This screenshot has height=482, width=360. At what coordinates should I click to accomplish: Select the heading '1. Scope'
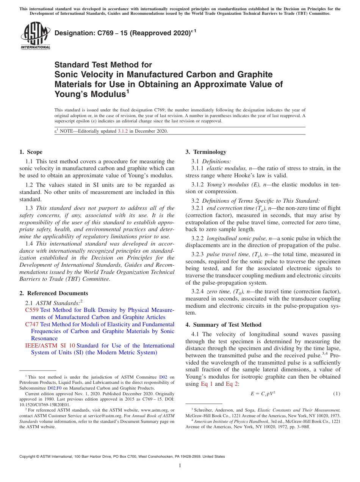31,152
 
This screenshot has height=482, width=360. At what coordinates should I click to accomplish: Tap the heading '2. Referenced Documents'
53,293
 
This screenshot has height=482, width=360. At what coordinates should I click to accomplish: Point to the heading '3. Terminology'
206,152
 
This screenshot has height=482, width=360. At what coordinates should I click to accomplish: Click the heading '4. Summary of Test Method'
223,324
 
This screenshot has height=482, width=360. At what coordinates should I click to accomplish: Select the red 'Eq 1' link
207,384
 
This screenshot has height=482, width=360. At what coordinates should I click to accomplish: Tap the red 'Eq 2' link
232,384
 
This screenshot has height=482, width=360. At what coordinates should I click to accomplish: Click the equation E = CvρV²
263,394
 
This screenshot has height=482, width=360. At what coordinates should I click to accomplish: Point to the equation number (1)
337,394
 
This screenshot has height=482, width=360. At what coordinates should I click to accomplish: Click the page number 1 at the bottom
180,466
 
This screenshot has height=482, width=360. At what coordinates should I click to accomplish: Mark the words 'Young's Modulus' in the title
90,94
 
